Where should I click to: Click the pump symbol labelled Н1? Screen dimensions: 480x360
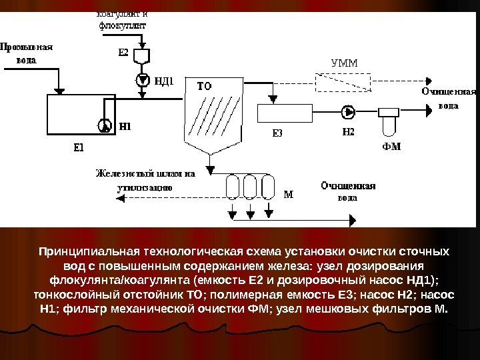tap(103, 124)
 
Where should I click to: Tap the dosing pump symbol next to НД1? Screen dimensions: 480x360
tap(142, 80)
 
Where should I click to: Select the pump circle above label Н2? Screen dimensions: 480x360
tap(348, 111)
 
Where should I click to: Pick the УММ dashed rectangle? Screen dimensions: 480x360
tap(344, 82)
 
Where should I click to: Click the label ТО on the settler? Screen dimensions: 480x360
tap(204, 86)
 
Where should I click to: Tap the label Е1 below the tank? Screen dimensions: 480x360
tap(78, 147)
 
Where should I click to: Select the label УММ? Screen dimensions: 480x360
tap(344, 64)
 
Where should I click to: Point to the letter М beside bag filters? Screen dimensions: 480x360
tap(288, 195)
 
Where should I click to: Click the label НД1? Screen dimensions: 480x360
tap(164, 81)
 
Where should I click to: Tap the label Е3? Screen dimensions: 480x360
tap(277, 132)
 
